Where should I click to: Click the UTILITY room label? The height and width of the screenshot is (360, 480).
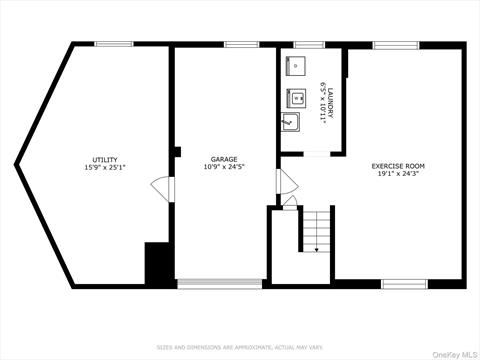(x=105, y=159)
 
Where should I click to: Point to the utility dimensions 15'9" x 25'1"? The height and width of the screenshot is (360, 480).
(x=105, y=167)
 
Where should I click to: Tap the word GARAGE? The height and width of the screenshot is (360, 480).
(x=223, y=159)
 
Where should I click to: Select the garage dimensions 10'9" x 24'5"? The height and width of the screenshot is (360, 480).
(x=223, y=167)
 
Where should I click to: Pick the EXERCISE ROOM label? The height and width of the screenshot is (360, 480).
(x=398, y=165)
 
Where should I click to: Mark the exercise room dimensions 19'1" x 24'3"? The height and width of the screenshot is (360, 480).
(x=398, y=174)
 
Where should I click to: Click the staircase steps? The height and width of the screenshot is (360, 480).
(x=316, y=230)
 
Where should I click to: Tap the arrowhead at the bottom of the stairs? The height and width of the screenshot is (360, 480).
(x=316, y=249)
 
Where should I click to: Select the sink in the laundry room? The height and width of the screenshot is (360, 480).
(x=290, y=123)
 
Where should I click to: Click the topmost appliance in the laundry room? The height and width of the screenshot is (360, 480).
(x=296, y=66)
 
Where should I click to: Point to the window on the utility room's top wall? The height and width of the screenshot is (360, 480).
(x=113, y=44)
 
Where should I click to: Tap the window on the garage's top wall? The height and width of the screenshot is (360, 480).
(x=241, y=44)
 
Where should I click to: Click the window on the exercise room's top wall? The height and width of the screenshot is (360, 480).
(x=395, y=44)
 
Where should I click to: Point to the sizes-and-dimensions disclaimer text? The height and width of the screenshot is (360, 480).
(x=240, y=347)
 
